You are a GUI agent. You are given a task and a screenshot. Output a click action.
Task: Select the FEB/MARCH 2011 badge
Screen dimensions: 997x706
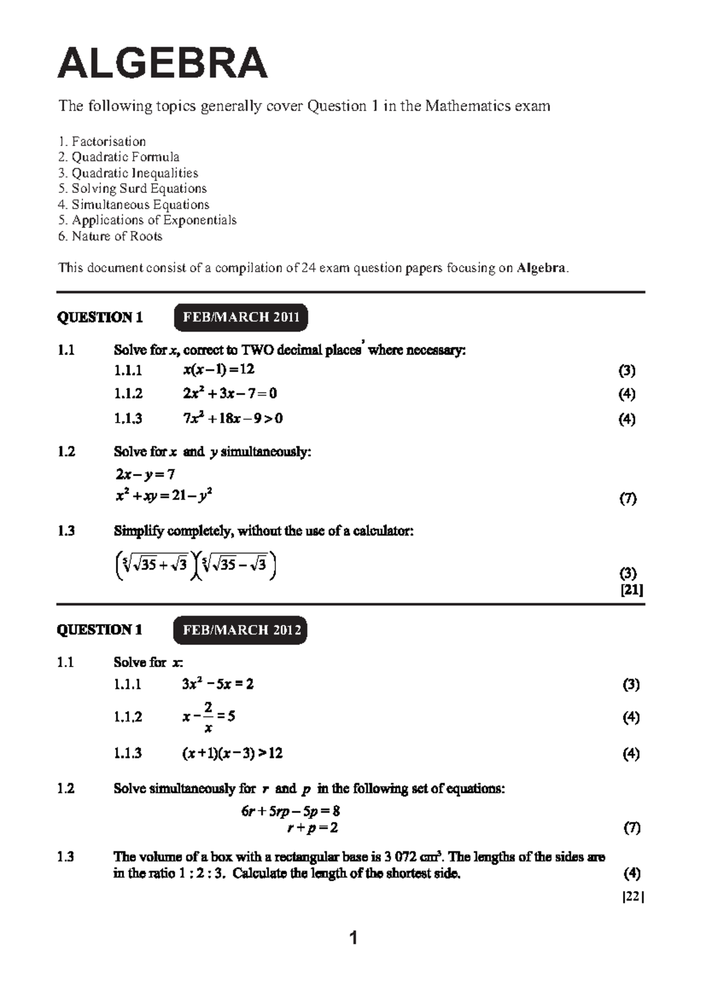pyautogui.click(x=241, y=317)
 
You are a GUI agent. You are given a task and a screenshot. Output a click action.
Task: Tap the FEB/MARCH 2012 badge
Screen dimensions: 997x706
pyautogui.click(x=241, y=630)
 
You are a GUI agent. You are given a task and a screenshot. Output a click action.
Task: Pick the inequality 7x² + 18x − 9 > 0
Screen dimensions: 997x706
pyautogui.click(x=232, y=419)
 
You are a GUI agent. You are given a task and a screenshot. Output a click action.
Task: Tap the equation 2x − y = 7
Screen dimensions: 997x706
pyautogui.click(x=145, y=474)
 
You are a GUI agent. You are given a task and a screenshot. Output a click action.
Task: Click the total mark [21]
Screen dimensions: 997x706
pyautogui.click(x=632, y=590)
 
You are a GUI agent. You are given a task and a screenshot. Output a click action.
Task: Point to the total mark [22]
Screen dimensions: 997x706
pyautogui.click(x=633, y=896)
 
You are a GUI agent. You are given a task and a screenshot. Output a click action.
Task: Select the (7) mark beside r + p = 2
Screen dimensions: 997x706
pyautogui.click(x=631, y=828)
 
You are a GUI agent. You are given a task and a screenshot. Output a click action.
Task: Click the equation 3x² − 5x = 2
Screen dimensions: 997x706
pyautogui.click(x=218, y=684)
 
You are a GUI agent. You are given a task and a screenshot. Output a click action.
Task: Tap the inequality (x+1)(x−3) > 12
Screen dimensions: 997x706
pyautogui.click(x=232, y=753)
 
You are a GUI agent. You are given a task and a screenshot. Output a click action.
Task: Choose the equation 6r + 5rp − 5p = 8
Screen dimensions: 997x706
pyautogui.click(x=291, y=811)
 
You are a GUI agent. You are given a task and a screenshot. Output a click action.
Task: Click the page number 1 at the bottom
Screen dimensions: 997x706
pyautogui.click(x=353, y=938)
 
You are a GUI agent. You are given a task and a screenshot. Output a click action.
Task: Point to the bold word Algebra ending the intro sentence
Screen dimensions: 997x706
pyautogui.click(x=541, y=268)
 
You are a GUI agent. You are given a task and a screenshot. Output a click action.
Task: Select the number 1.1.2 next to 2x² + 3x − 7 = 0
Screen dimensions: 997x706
pyautogui.click(x=128, y=393)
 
